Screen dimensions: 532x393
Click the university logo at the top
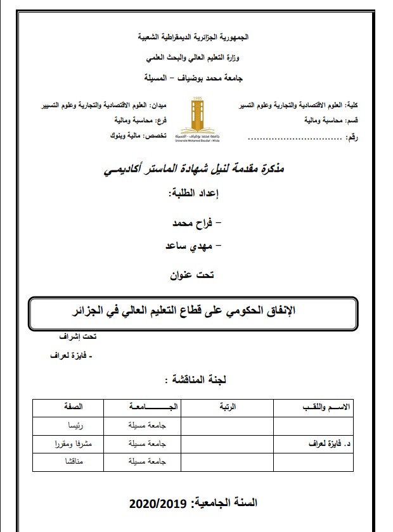pyautogui.click(x=197, y=119)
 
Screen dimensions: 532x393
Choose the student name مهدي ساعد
pyautogui.click(x=191, y=244)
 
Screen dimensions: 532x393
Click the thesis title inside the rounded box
pyautogui.click(x=195, y=312)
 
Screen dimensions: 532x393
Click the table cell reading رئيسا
pyautogui.click(x=75, y=426)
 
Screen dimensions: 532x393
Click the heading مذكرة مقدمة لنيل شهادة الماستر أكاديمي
pyautogui.click(x=194, y=169)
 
